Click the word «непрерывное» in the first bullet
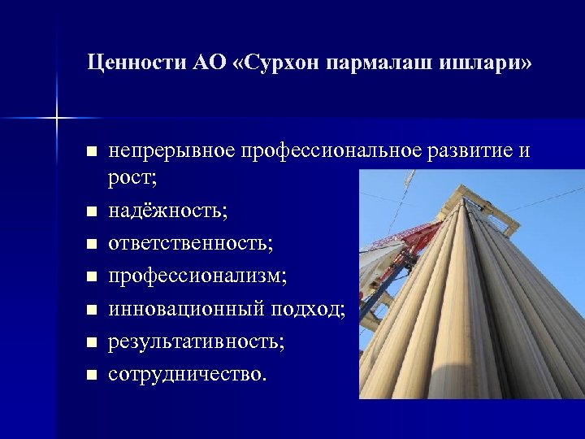click(x=167, y=151)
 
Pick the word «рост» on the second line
click(x=130, y=179)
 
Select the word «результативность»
click(x=196, y=341)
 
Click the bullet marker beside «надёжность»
click(x=92, y=212)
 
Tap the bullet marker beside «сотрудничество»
click(x=92, y=375)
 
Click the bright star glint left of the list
click(x=58, y=119)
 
